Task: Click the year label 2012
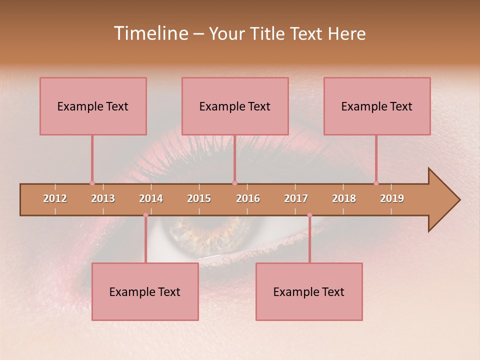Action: click(55, 198)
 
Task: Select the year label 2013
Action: click(103, 198)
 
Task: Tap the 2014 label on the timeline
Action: click(151, 198)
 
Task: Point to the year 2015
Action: click(199, 198)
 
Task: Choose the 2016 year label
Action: click(248, 198)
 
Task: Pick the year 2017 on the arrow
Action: click(296, 198)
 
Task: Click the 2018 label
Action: click(344, 198)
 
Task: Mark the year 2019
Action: click(392, 198)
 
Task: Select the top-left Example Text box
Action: click(93, 106)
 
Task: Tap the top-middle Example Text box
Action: click(235, 106)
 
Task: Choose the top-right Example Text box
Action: click(377, 106)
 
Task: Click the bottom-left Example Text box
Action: click(145, 291)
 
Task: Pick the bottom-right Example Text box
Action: click(309, 291)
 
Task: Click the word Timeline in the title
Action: click(150, 33)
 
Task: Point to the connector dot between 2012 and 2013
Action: click(92, 183)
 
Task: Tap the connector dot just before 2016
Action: click(234, 183)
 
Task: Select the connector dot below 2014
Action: click(145, 215)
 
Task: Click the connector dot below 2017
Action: click(309, 215)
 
